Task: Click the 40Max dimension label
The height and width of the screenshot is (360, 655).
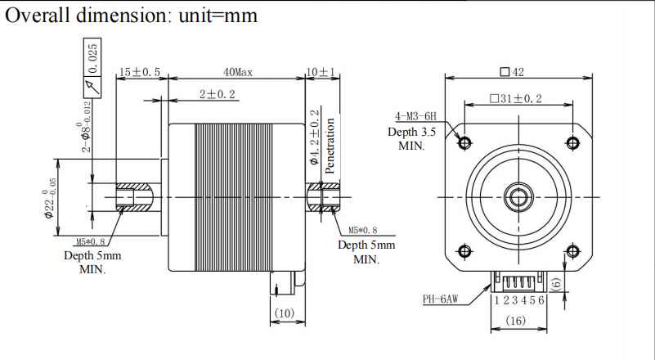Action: click(238, 72)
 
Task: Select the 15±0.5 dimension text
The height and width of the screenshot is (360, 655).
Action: click(139, 72)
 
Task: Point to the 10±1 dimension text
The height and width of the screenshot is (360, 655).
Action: click(321, 72)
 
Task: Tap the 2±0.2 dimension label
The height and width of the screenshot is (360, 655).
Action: click(217, 95)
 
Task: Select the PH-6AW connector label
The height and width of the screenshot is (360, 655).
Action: click(440, 299)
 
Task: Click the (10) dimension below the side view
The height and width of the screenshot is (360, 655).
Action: click(284, 313)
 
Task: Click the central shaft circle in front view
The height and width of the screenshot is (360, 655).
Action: click(518, 196)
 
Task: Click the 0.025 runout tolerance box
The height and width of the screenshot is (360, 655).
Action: click(92, 57)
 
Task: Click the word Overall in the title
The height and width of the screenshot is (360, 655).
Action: click(39, 16)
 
